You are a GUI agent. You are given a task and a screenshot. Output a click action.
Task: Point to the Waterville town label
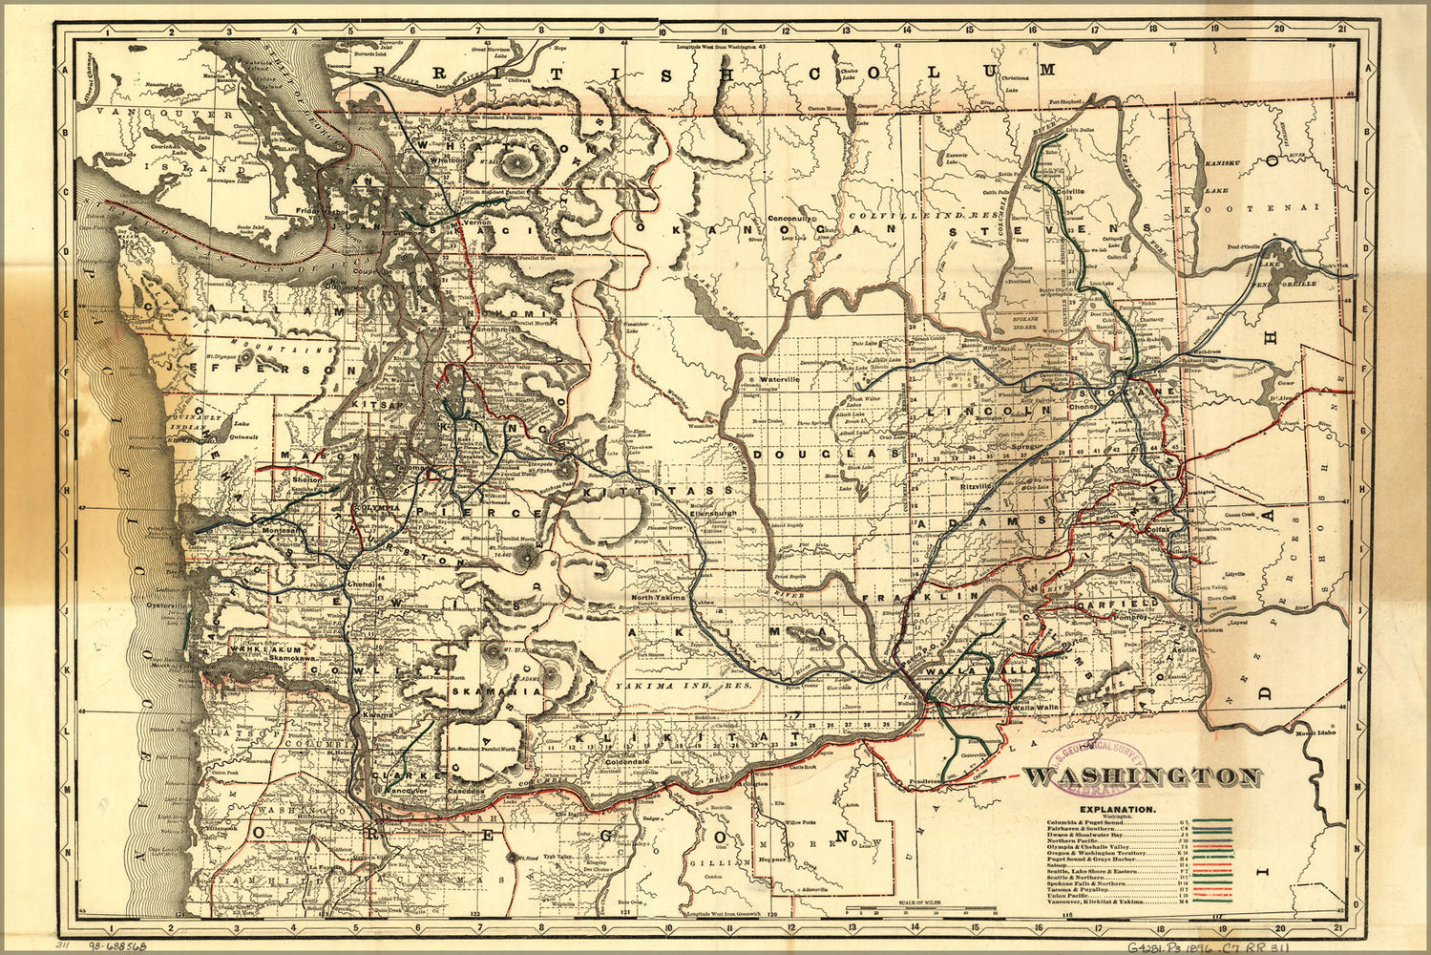786,378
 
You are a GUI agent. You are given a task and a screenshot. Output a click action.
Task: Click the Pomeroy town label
1126,618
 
